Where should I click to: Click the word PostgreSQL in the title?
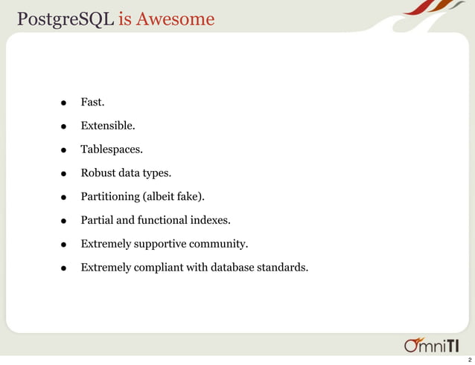(x=65, y=19)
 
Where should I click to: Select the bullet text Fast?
(x=92, y=102)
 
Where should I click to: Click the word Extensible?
(x=108, y=126)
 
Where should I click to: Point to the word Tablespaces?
(x=111, y=149)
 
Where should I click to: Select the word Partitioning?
(x=110, y=197)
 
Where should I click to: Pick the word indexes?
(x=211, y=220)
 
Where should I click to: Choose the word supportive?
(x=162, y=244)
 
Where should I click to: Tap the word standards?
(x=281, y=268)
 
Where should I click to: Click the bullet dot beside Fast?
(x=65, y=103)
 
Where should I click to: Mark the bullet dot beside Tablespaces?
(x=65, y=150)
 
